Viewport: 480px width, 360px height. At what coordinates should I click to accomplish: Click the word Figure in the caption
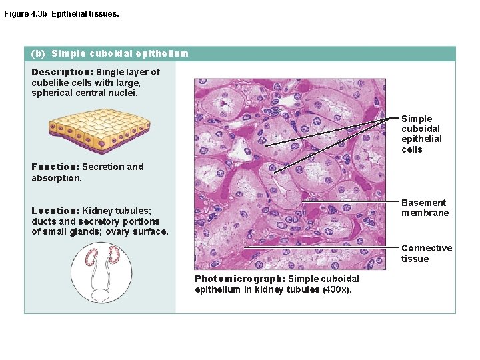point(16,13)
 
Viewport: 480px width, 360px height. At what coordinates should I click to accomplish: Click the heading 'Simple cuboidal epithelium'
point(120,53)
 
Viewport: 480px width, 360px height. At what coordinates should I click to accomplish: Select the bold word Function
point(55,167)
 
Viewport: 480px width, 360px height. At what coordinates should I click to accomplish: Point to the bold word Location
point(55,211)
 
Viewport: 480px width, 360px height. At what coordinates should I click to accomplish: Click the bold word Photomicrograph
point(239,279)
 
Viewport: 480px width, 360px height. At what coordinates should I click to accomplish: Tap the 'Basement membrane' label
point(425,207)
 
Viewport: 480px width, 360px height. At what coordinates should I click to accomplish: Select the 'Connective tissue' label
point(426,253)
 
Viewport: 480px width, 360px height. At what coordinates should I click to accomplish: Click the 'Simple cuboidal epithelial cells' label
point(421,134)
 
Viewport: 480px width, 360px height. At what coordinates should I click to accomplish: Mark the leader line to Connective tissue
point(320,247)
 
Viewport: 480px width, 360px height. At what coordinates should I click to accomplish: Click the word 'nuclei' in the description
point(124,93)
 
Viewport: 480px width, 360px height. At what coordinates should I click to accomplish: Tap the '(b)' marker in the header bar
point(38,53)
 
